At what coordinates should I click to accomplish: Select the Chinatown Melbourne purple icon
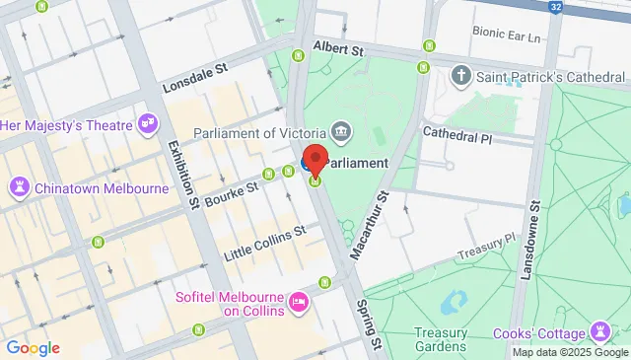point(19,185)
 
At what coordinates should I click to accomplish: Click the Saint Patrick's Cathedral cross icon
point(460,75)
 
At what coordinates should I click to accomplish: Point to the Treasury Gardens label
point(441,339)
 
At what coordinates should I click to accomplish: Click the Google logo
point(32,347)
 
